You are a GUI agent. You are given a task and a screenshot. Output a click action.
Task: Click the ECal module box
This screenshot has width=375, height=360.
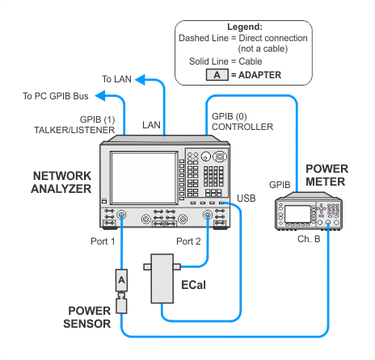pyautogui.click(x=162, y=278)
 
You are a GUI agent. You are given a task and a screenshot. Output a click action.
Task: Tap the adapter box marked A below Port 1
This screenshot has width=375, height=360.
pyautogui.click(x=121, y=280)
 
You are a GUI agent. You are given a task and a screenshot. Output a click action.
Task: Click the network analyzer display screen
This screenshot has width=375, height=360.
pyautogui.click(x=144, y=178)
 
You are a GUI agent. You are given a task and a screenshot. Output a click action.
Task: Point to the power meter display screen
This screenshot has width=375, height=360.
pyautogui.click(x=297, y=214)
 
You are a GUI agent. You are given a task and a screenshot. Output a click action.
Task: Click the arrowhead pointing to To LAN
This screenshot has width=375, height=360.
pyautogui.click(x=140, y=79)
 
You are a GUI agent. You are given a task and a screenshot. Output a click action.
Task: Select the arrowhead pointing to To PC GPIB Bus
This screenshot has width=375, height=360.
pyautogui.click(x=100, y=96)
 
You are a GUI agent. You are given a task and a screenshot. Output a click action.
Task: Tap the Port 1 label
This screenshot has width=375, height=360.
pyautogui.click(x=103, y=241)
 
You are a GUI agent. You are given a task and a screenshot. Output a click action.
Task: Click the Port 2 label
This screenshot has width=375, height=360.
pyautogui.click(x=188, y=241)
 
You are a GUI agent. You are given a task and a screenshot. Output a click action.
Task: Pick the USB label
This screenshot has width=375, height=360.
pyautogui.click(x=246, y=199)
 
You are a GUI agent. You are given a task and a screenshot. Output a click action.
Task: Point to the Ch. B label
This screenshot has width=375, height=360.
pyautogui.click(x=309, y=239)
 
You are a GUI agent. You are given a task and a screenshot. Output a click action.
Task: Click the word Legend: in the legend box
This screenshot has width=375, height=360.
pyautogui.click(x=245, y=27)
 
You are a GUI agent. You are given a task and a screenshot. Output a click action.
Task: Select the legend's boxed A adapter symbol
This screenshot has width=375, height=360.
pyautogui.click(x=217, y=75)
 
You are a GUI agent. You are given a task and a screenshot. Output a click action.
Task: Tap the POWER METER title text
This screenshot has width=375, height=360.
pyautogui.click(x=327, y=175)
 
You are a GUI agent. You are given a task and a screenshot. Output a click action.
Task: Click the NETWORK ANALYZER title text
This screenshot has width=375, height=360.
pyautogui.click(x=61, y=182)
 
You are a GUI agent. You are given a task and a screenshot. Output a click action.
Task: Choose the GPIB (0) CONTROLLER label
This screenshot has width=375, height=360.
pyautogui.click(x=242, y=121)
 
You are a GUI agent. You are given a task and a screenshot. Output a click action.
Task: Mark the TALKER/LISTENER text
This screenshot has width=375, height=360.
pyautogui.click(x=74, y=130)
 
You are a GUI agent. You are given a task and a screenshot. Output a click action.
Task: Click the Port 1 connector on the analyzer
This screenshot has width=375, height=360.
pyautogui.click(x=121, y=216)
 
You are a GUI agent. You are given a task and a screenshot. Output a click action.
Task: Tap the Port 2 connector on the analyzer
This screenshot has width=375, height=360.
pyautogui.click(x=208, y=216)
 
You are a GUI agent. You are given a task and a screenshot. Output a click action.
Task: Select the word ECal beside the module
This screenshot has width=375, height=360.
pyautogui.click(x=193, y=285)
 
